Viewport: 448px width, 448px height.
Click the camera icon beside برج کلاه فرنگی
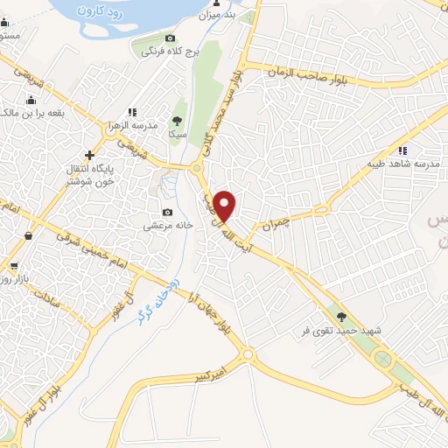pyautogui.click(x=170, y=38)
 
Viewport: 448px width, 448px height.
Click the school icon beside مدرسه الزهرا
pyautogui.click(x=131, y=112)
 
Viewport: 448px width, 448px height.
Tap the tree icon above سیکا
pyautogui.click(x=178, y=121)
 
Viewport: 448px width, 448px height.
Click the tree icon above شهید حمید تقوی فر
pyautogui.click(x=340, y=317)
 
